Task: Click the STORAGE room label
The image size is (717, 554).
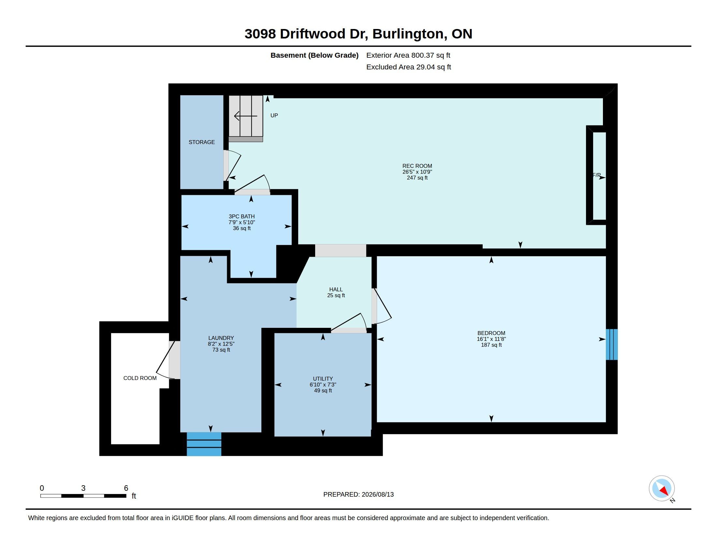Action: tap(201, 142)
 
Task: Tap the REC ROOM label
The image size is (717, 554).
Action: tap(417, 166)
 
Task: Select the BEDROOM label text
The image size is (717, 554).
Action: tap(491, 333)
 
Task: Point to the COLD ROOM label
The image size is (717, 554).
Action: tap(140, 378)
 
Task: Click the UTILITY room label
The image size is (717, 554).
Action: tap(323, 379)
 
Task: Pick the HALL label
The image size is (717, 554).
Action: tap(336, 289)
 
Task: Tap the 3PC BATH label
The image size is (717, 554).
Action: tap(241, 217)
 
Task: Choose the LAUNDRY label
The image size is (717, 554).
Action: tap(221, 338)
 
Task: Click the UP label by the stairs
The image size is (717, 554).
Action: tap(274, 116)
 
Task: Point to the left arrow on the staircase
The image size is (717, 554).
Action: tap(245, 116)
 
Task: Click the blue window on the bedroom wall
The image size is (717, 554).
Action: tap(612, 344)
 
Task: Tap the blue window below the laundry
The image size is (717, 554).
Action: tap(204, 444)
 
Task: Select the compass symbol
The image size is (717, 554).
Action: tap(662, 488)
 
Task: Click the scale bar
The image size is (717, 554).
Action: tap(83, 496)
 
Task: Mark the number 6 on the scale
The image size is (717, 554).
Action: tap(126, 488)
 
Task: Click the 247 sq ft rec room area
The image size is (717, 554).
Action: tap(417, 178)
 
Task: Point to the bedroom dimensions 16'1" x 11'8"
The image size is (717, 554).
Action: tap(491, 339)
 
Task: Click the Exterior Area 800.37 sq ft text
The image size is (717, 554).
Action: tap(408, 55)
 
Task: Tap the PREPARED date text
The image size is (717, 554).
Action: tap(358, 494)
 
